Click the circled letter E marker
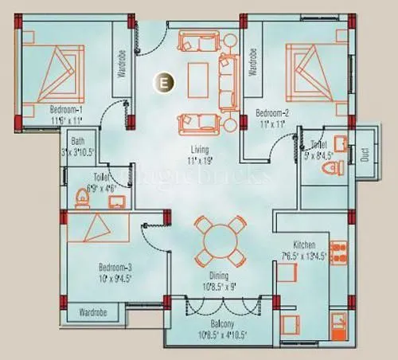tap(163, 81)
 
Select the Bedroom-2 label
tap(271, 113)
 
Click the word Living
tap(199, 149)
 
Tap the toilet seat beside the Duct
tap(334, 169)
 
